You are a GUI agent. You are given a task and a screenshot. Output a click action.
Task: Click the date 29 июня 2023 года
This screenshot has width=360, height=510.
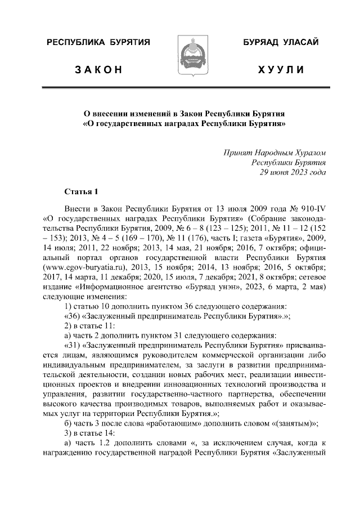292,172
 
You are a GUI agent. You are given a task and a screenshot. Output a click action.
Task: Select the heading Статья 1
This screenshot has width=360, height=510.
81,192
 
